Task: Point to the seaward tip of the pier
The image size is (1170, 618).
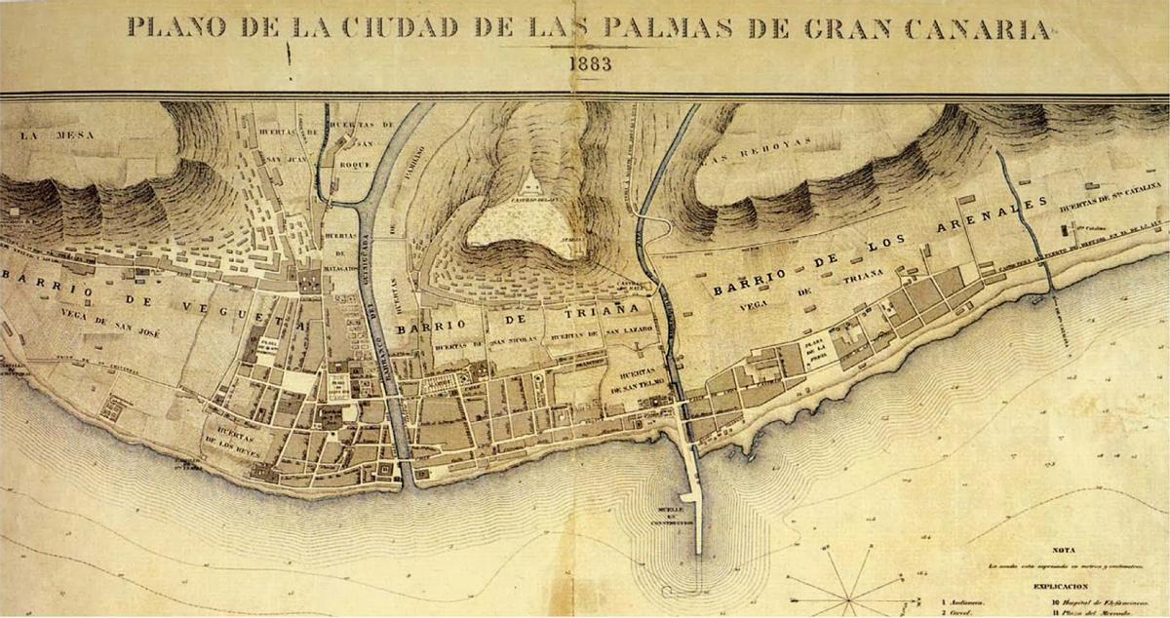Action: point(699,552)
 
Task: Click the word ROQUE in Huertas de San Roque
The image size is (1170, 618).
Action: point(348,164)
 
